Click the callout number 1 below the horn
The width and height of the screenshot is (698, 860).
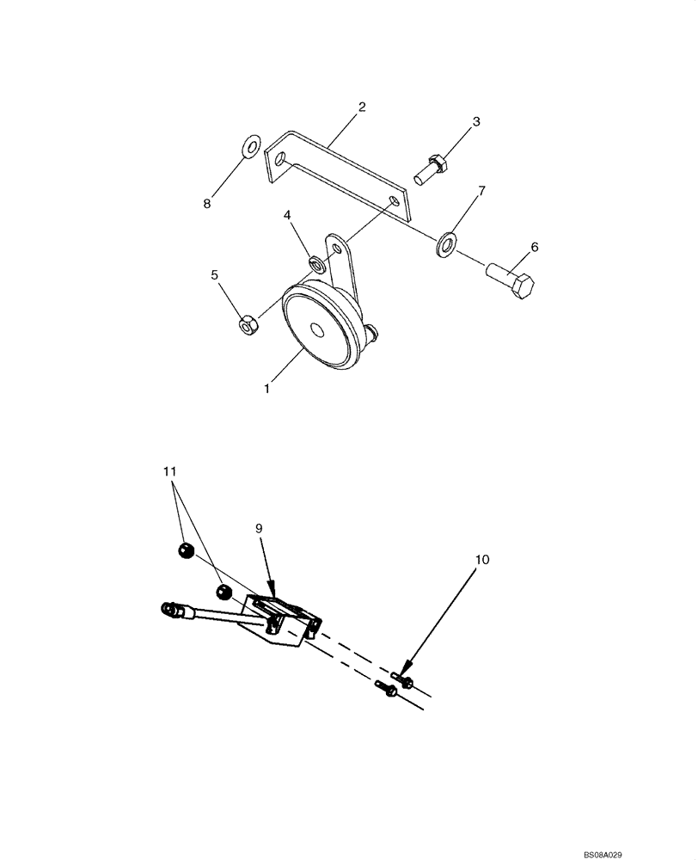(x=267, y=389)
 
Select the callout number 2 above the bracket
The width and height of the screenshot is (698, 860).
(x=362, y=107)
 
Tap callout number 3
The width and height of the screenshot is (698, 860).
(x=475, y=121)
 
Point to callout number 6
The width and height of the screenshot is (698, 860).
(x=535, y=248)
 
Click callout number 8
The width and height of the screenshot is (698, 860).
(x=206, y=204)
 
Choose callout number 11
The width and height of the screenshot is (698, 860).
(x=169, y=471)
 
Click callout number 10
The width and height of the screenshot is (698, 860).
(x=481, y=559)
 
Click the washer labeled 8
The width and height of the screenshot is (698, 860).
(x=250, y=147)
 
